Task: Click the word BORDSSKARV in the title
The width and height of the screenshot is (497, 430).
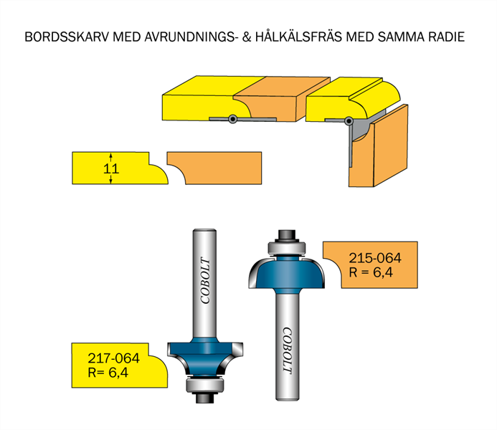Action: [67, 37]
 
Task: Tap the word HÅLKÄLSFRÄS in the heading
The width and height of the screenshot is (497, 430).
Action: [298, 37]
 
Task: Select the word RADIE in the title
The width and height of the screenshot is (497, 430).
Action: [447, 37]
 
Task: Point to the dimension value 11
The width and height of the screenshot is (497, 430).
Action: [111, 168]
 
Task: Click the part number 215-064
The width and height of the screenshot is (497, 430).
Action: [375, 258]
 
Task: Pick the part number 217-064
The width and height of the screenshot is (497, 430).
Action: [113, 358]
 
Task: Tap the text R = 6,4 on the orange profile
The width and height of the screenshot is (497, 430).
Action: [371, 272]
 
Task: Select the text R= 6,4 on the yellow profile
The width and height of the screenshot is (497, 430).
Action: [108, 373]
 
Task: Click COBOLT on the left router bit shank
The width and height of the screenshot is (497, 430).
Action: [205, 280]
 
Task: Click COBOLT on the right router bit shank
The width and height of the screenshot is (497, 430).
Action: [287, 350]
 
